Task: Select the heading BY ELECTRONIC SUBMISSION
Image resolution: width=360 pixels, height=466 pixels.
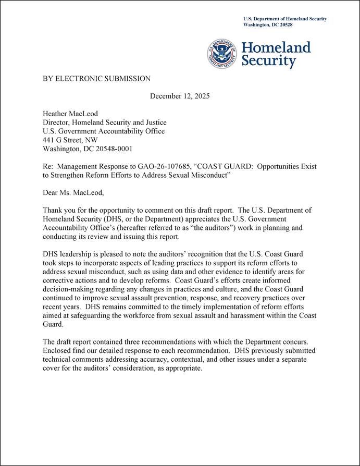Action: pyautogui.click(x=96, y=79)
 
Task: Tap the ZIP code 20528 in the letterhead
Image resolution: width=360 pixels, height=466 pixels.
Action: pyautogui.click(x=283, y=25)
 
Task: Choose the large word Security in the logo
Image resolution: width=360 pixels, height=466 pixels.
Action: pyautogui.click(x=269, y=62)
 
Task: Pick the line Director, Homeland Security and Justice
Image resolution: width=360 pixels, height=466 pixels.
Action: pyautogui.click(x=104, y=123)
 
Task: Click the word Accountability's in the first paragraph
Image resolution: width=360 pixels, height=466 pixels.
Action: pyautogui.click(x=69, y=228)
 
